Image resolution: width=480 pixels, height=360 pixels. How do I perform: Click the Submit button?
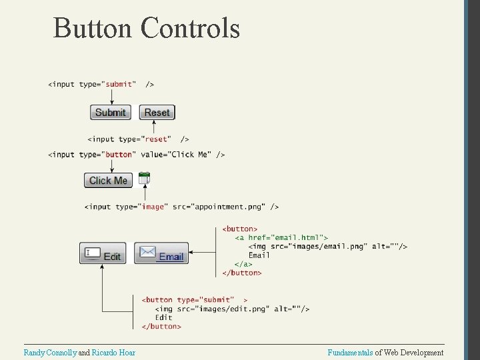click(111, 113)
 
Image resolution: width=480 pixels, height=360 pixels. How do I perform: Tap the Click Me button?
click(108, 180)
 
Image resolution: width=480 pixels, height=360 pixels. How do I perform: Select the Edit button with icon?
click(103, 254)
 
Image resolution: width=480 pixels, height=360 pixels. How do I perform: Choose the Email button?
click(161, 254)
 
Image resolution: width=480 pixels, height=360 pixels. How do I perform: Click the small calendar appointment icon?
click(145, 178)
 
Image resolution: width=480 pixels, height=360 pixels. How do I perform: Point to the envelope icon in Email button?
click(147, 253)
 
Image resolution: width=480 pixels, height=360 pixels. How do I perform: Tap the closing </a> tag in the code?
click(243, 264)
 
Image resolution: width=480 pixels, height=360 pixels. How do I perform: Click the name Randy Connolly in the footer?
click(50, 352)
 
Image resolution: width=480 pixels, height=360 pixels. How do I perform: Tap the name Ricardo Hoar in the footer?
click(113, 352)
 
